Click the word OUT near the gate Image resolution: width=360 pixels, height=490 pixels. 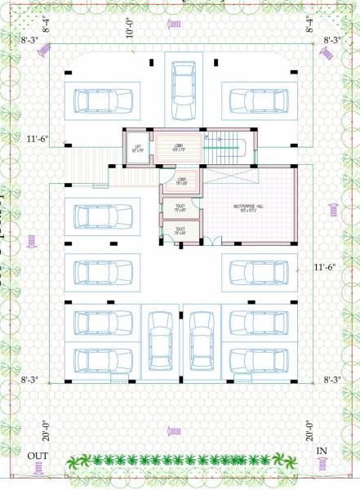coord(38,455)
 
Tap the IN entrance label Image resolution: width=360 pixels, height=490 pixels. coord(322,451)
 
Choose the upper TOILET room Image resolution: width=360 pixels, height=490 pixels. coord(179,207)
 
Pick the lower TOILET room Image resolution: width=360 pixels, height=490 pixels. coord(179,230)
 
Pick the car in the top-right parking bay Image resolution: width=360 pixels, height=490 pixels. coord(258,100)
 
